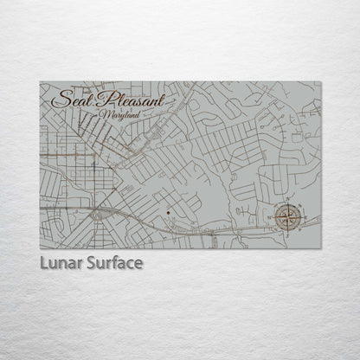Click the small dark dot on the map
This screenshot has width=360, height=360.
pos(164,210)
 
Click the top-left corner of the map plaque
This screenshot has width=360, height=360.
pos(40,82)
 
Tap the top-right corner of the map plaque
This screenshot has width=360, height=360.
pos(321,82)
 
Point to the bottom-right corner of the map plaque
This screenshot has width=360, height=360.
pos(321,248)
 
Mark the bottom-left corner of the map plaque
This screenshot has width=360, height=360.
pos(40,248)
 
